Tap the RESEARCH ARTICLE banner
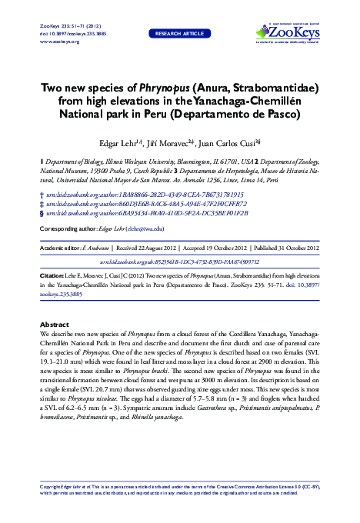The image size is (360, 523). click(x=179, y=34)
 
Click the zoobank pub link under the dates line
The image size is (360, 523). click(x=180, y=261)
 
